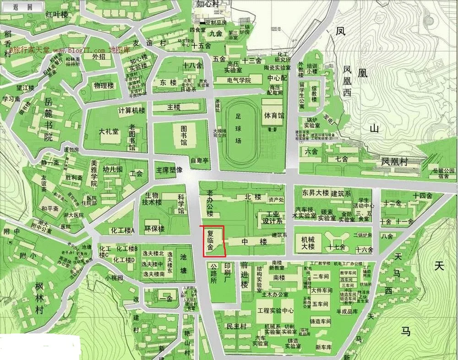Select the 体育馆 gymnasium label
pyautogui.click(x=273, y=115)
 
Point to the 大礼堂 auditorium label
pyautogui.click(x=109, y=131)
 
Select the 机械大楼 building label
pyautogui.click(x=308, y=243)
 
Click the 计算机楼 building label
pyautogui.click(x=131, y=110)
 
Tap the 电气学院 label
pyautogui.click(x=239, y=80)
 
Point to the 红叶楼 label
pyautogui.click(x=56, y=15)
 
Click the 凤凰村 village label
pyautogui.click(x=394, y=162)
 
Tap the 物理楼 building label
pyautogui.click(x=104, y=86)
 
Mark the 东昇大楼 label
pyautogui.click(x=316, y=193)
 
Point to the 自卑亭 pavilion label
pyautogui.click(x=199, y=161)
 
